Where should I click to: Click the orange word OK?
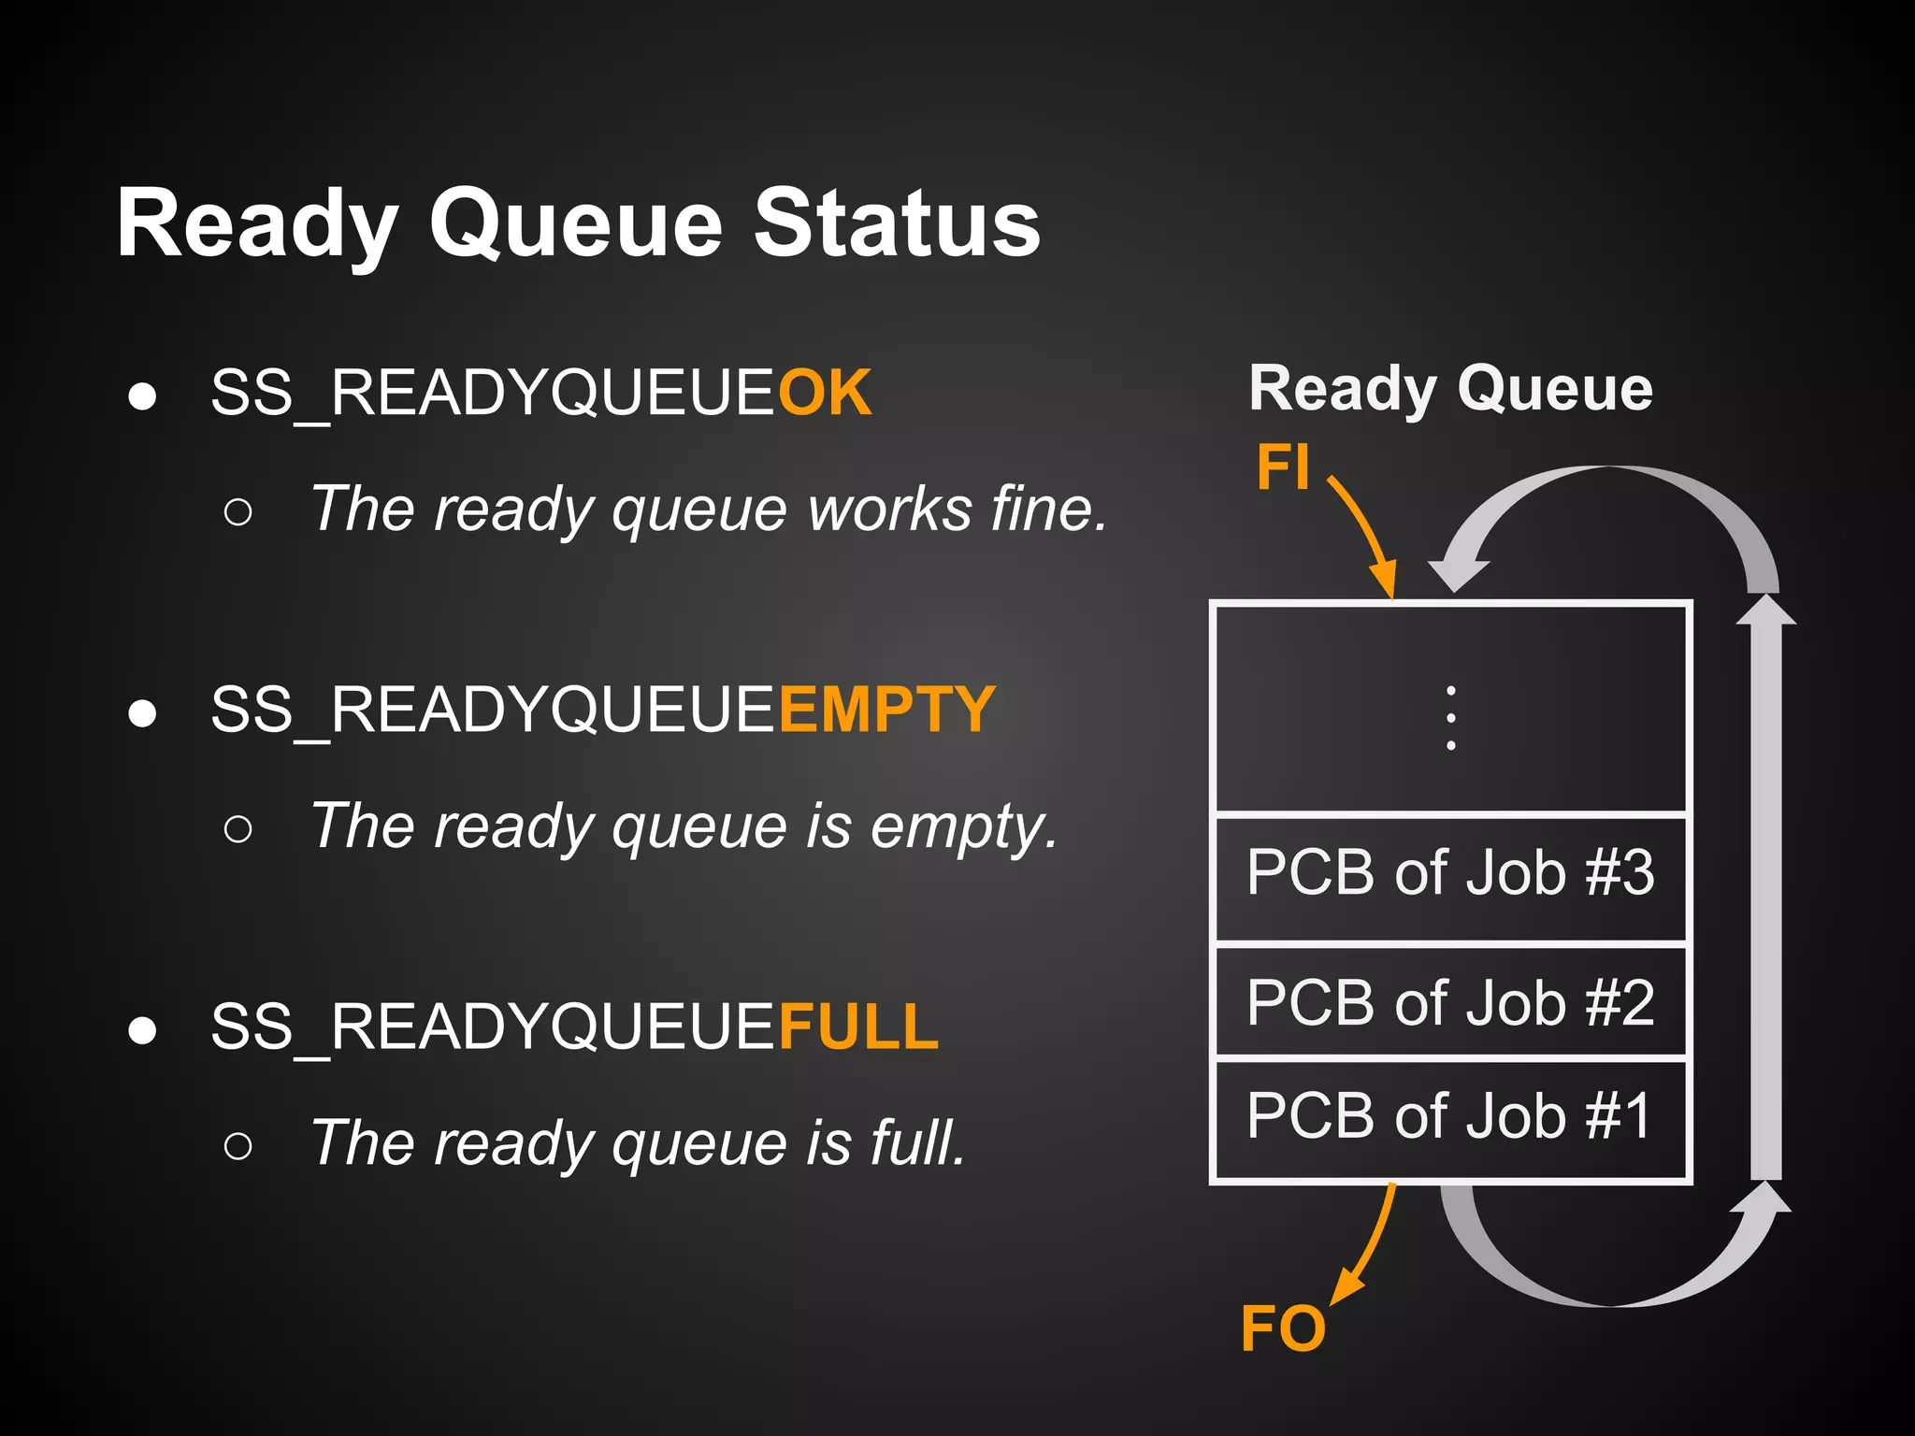point(825,393)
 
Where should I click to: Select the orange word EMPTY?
point(886,710)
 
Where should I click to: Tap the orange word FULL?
point(858,1027)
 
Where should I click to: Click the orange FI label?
point(1283,467)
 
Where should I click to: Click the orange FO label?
point(1283,1328)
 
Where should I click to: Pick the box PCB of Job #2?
point(1450,1003)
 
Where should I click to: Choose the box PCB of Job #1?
point(1450,1117)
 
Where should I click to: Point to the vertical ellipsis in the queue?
point(1450,718)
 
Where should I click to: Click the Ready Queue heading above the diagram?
point(1450,388)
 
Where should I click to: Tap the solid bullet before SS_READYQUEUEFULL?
point(142,1030)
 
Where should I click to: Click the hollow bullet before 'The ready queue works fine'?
point(238,511)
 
